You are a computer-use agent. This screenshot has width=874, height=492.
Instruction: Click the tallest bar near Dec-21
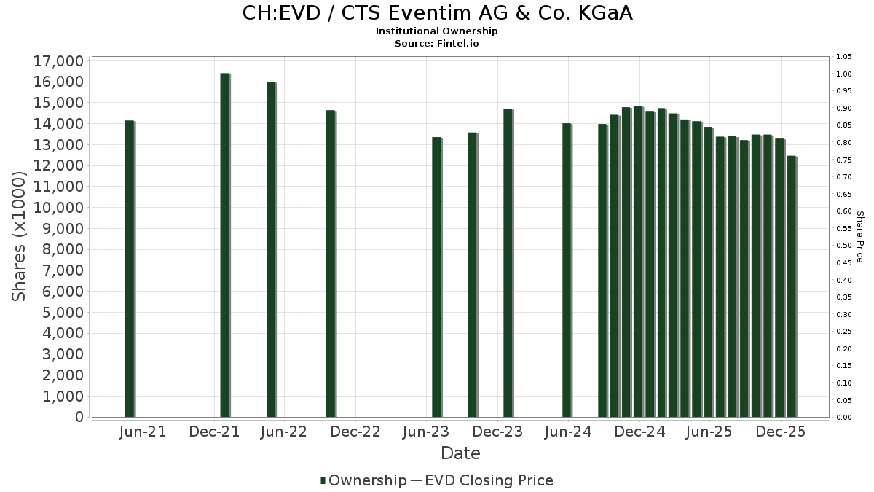[224, 245]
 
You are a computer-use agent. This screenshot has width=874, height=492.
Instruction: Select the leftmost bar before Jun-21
[130, 268]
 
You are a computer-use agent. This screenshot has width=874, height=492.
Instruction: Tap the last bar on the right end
[791, 286]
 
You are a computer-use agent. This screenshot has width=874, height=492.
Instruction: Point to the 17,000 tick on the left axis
[58, 60]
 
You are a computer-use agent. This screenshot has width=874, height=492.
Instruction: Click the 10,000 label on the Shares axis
[58, 208]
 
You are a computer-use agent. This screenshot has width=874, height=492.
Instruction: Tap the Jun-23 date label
[425, 432]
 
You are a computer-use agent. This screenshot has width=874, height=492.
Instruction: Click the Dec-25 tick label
[781, 432]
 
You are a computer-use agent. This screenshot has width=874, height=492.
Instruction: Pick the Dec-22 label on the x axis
[355, 432]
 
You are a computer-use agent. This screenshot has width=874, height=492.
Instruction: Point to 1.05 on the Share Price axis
[843, 57]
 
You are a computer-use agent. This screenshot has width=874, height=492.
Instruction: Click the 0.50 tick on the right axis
[843, 246]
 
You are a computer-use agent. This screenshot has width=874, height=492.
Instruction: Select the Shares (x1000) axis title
[20, 236]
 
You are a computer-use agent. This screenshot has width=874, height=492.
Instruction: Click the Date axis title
[460, 453]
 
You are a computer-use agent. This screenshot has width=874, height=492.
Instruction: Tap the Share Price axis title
[859, 236]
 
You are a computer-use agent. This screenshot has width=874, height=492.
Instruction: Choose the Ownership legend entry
[363, 480]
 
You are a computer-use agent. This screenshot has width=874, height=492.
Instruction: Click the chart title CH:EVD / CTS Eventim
[437, 13]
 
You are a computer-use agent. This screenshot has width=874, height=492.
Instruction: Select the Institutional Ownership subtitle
[437, 31]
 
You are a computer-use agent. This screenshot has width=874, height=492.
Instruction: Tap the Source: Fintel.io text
[437, 43]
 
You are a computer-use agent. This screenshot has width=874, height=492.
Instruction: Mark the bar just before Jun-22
[271, 249]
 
